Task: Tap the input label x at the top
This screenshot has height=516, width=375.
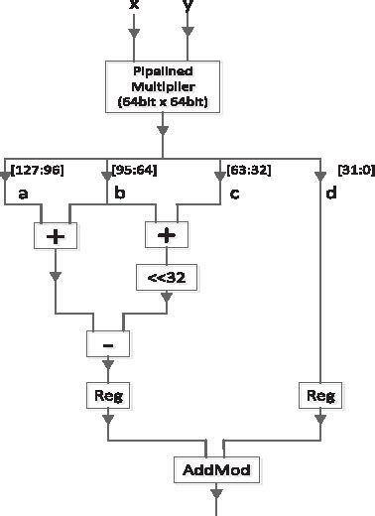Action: (x=134, y=7)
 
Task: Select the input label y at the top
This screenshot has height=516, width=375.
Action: (x=187, y=7)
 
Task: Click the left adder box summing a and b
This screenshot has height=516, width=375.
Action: (x=57, y=235)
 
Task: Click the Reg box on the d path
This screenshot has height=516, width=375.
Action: (x=318, y=396)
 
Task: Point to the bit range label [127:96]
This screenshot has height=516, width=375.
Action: (x=38, y=170)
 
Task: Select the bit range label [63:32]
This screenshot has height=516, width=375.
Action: (x=245, y=170)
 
